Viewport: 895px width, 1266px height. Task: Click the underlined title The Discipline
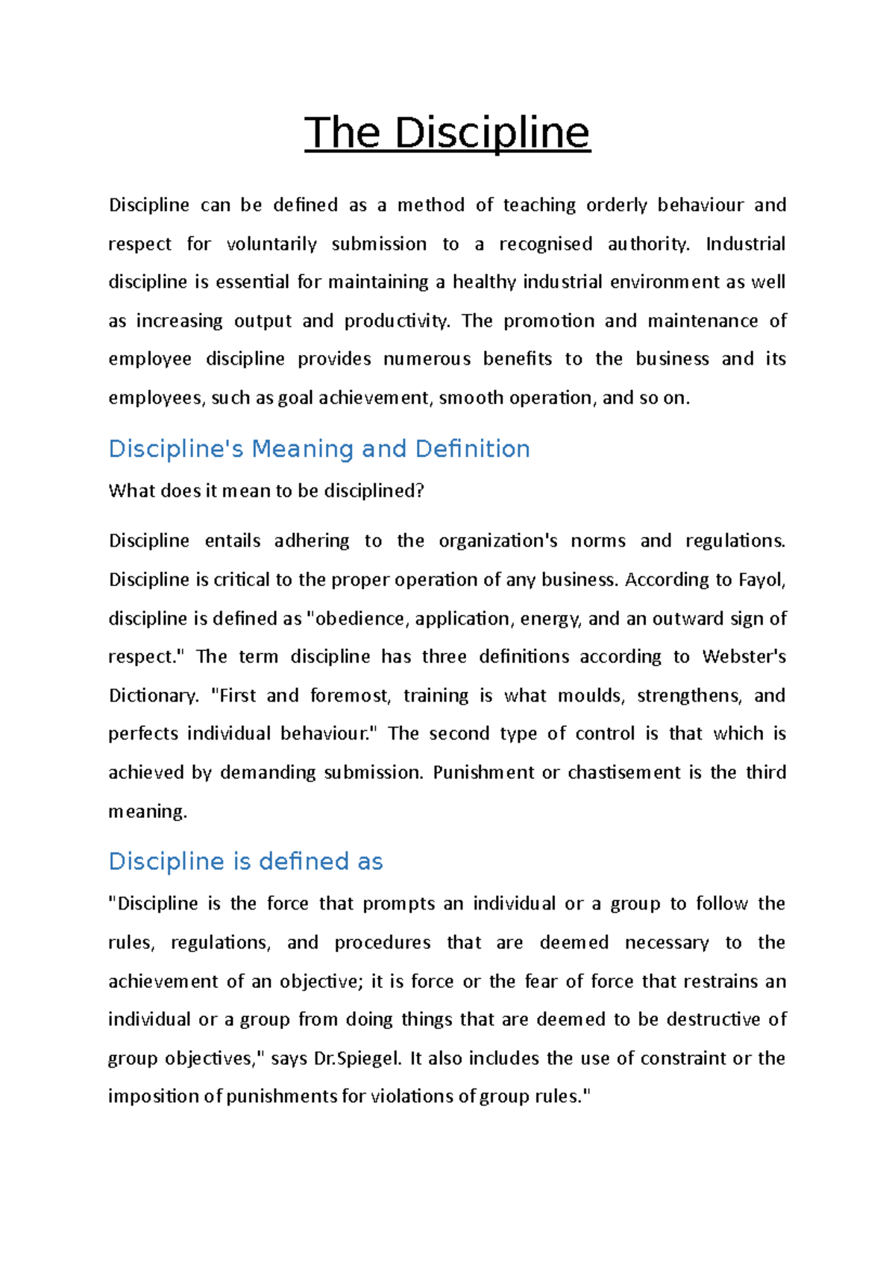(447, 133)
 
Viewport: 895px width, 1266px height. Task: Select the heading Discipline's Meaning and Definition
(319, 449)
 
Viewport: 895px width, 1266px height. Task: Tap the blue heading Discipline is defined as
(245, 861)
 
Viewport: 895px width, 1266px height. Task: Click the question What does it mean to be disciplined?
(266, 491)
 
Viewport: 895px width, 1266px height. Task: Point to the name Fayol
(761, 579)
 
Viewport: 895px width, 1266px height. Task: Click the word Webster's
(744, 657)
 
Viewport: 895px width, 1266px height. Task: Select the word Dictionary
(153, 696)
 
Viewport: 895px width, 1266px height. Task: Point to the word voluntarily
(271, 244)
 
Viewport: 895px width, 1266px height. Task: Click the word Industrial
(745, 244)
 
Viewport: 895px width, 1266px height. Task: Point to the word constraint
(683, 1058)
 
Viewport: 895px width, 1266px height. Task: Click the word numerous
(427, 359)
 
